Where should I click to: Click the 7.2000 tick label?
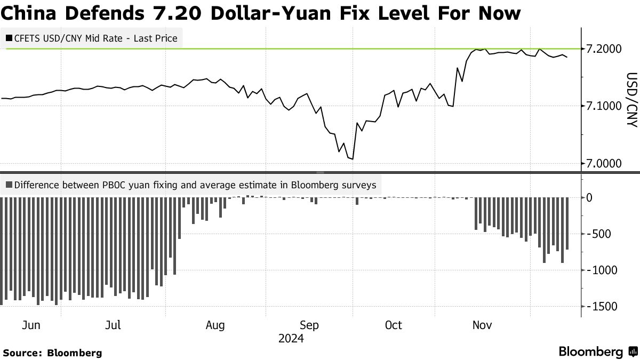pos(604,49)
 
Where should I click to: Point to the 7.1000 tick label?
pos(604,106)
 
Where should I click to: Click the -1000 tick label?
pos(603,270)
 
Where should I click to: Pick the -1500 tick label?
pos(603,307)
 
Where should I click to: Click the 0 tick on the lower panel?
pos(589,198)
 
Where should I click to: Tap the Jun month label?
pos(31,325)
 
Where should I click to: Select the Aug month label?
pos(215,325)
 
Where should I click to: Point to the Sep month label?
pos(309,325)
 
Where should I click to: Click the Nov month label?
pos(482,325)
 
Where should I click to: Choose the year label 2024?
pos(291,339)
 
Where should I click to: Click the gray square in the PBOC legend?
pos(9,186)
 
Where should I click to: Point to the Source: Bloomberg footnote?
pos(52,353)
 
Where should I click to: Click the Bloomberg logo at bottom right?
pos(597,351)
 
